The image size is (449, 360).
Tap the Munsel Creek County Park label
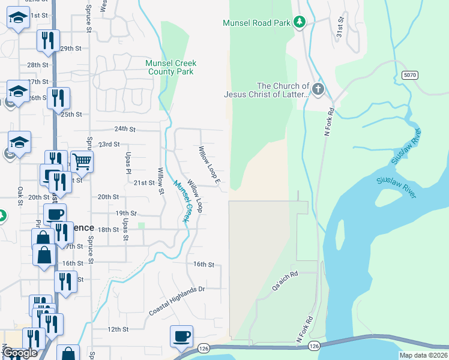(x=171, y=67)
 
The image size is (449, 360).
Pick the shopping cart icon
(x=82, y=161)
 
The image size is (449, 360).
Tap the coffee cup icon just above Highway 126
(x=181, y=337)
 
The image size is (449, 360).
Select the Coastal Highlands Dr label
(x=177, y=301)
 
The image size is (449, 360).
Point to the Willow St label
(x=161, y=181)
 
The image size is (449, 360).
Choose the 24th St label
(x=125, y=129)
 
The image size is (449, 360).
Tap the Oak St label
(x=19, y=196)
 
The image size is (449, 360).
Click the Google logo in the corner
(x=20, y=353)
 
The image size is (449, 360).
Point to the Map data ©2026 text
(x=423, y=355)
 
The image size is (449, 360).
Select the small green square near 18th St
(x=141, y=226)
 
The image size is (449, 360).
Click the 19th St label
(x=127, y=213)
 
